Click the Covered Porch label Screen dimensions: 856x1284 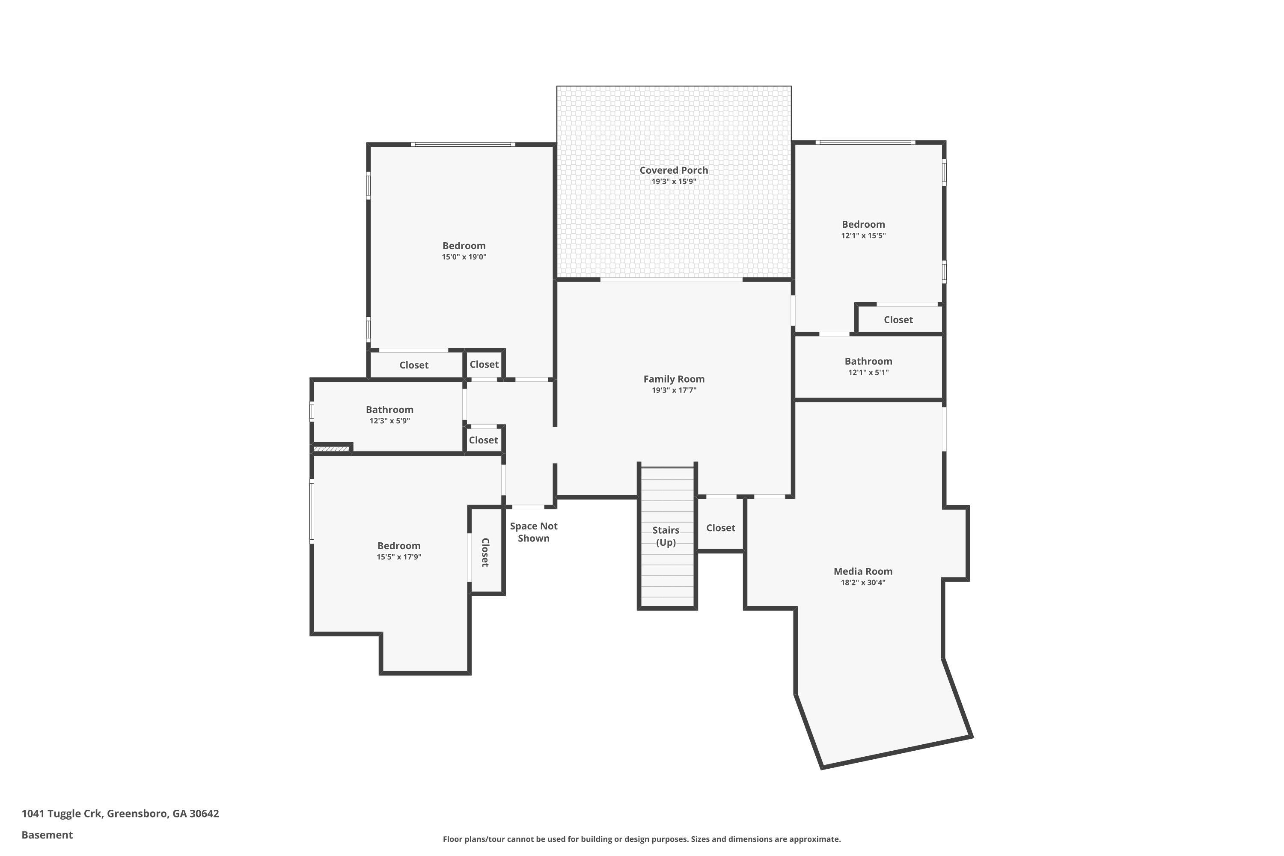[x=673, y=170]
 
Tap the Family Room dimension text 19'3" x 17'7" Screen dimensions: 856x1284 [x=674, y=390]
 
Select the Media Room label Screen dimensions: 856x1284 [x=862, y=571]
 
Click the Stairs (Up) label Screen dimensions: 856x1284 [x=666, y=536]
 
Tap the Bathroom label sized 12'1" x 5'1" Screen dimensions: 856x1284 [x=868, y=361]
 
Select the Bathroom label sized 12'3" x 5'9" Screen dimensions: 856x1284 [x=389, y=410]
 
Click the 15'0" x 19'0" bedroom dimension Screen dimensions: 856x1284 [x=464, y=257]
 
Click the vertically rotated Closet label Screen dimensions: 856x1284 [x=485, y=552]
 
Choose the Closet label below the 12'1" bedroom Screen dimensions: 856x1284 [x=898, y=320]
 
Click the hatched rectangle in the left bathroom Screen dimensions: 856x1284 [x=331, y=449]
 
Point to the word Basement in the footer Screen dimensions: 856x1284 [x=47, y=835]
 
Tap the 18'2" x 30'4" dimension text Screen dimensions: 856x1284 [x=862, y=583]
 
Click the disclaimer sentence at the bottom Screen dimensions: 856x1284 [x=642, y=839]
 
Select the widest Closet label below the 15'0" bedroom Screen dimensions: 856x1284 [x=413, y=365]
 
